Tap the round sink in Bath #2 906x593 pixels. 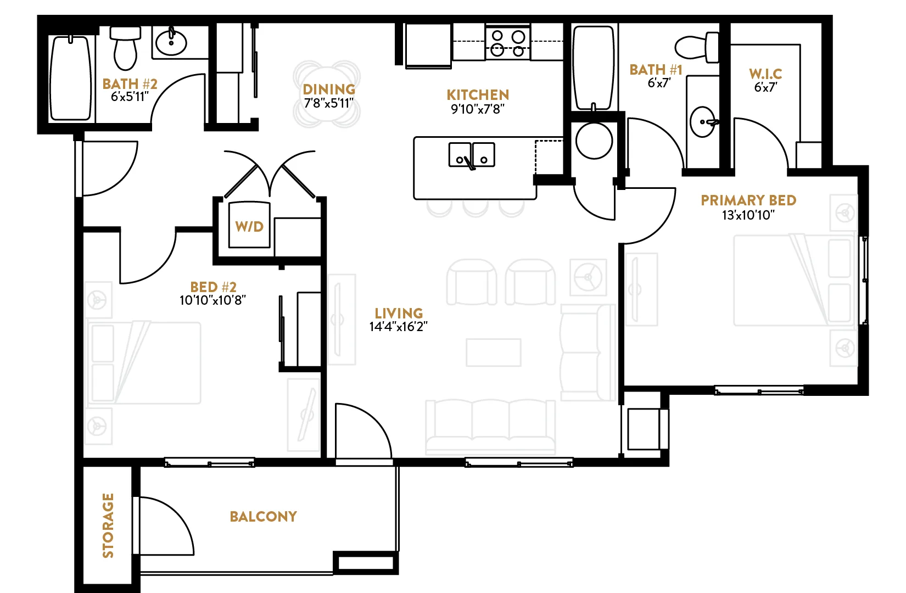click(x=171, y=42)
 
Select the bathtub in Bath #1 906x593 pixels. click(x=593, y=68)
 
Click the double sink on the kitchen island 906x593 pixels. click(x=472, y=154)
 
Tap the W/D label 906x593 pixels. click(x=249, y=226)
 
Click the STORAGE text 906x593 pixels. click(x=108, y=525)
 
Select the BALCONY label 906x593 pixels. click(x=263, y=516)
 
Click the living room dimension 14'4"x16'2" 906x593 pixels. click(x=398, y=327)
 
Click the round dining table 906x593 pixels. click(x=327, y=94)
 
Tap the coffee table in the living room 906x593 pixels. click(x=493, y=353)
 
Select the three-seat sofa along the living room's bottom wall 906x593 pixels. click(x=490, y=426)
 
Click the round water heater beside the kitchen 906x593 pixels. click(x=594, y=141)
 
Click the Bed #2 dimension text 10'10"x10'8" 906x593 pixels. click(x=212, y=300)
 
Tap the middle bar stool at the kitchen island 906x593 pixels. click(x=475, y=208)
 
